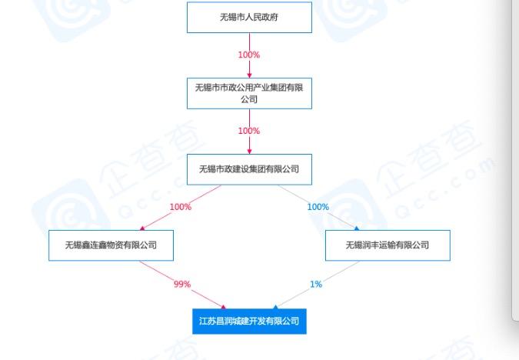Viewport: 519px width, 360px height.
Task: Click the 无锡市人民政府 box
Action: coord(249,17)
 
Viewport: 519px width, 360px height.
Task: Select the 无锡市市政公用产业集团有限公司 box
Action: coord(249,93)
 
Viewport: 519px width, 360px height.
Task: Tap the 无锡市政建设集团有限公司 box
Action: coord(249,169)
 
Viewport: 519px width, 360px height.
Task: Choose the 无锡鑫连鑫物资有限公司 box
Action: coord(111,245)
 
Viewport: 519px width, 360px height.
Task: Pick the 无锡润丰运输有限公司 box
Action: coord(387,245)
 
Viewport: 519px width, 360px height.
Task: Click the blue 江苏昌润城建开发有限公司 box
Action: coord(249,321)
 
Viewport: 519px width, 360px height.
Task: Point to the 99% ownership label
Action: coord(181,284)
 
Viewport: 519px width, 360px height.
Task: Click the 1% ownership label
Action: coord(316,284)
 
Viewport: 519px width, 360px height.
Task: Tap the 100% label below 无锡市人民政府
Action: coord(249,55)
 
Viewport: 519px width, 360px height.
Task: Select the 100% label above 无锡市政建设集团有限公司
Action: coord(249,131)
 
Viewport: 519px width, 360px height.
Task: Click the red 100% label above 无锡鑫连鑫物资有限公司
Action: coord(180,207)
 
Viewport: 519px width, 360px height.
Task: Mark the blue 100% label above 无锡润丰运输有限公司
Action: coord(318,207)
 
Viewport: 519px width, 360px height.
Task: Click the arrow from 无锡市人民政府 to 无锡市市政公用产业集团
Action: coord(249,68)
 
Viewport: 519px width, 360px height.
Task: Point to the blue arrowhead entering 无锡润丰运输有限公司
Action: coord(357,228)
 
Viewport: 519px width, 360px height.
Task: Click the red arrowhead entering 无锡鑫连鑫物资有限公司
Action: coord(142,228)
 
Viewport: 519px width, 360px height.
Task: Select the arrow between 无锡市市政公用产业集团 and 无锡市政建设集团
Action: coord(249,145)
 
